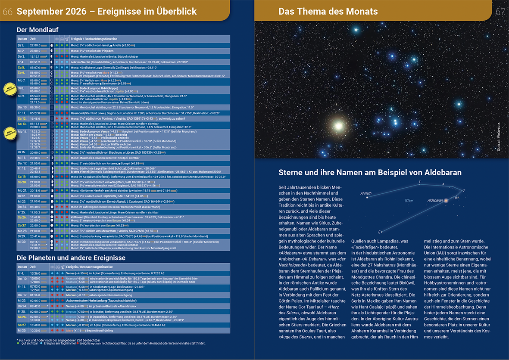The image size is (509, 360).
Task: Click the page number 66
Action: point(7,12)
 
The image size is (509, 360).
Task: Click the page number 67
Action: point(500,12)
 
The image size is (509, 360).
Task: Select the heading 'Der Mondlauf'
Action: point(37,30)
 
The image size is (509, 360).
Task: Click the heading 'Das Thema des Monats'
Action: point(328,12)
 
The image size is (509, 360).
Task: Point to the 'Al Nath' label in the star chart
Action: point(365,193)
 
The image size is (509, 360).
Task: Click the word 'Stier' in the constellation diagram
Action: point(409,201)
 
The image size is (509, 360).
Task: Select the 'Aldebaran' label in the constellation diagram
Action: point(435,200)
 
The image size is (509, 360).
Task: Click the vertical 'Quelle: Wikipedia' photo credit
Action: point(499,137)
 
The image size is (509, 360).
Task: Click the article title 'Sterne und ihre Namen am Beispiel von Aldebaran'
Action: point(370,173)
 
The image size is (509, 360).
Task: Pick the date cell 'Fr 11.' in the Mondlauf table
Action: point(22,113)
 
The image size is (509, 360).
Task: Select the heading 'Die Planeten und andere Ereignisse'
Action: point(71,258)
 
